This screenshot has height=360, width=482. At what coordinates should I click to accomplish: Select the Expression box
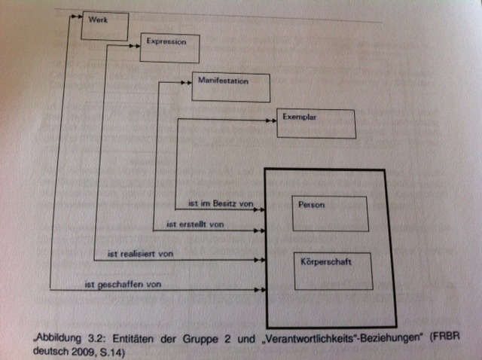(x=169, y=47)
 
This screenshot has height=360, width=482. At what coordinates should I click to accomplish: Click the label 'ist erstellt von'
(x=194, y=224)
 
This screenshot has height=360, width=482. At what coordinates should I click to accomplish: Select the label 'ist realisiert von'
(x=141, y=255)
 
